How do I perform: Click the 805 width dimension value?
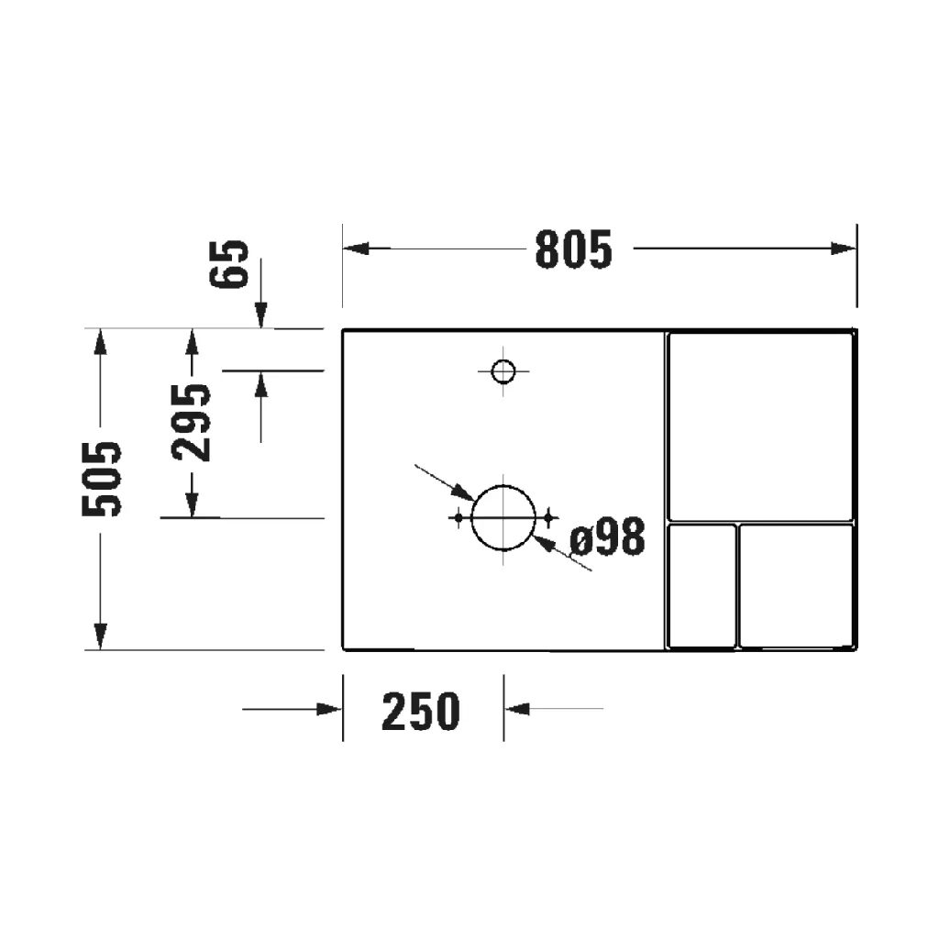tap(573, 249)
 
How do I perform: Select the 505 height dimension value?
tap(102, 480)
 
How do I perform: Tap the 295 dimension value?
tap(192, 422)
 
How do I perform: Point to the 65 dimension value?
tap(233, 264)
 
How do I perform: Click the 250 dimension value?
tap(421, 711)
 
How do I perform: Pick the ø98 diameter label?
tap(607, 538)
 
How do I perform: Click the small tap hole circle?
tap(503, 371)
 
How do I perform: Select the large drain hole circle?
tap(503, 517)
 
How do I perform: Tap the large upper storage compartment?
tap(760, 426)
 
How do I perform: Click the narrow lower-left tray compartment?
tap(702, 585)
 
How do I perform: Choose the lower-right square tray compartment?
tap(797, 585)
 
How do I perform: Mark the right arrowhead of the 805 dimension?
tap(844, 249)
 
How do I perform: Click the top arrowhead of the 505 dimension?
tap(101, 341)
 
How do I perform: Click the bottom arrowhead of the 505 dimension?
tap(101, 636)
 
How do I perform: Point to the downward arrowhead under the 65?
tap(261, 316)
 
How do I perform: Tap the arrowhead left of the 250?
tap(329, 709)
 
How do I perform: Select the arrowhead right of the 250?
tap(516, 709)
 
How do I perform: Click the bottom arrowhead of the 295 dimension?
tap(192, 505)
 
